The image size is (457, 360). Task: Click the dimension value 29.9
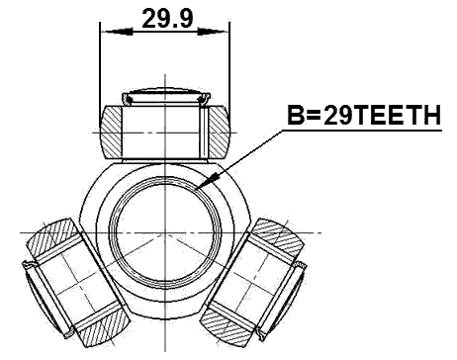[x=163, y=17]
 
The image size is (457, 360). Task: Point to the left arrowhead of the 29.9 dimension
[x=106, y=31]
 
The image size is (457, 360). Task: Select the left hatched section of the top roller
[x=113, y=130]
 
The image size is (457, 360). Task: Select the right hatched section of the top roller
[x=216, y=130]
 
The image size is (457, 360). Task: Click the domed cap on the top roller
[x=164, y=96]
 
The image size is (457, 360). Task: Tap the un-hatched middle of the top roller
[x=164, y=130]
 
